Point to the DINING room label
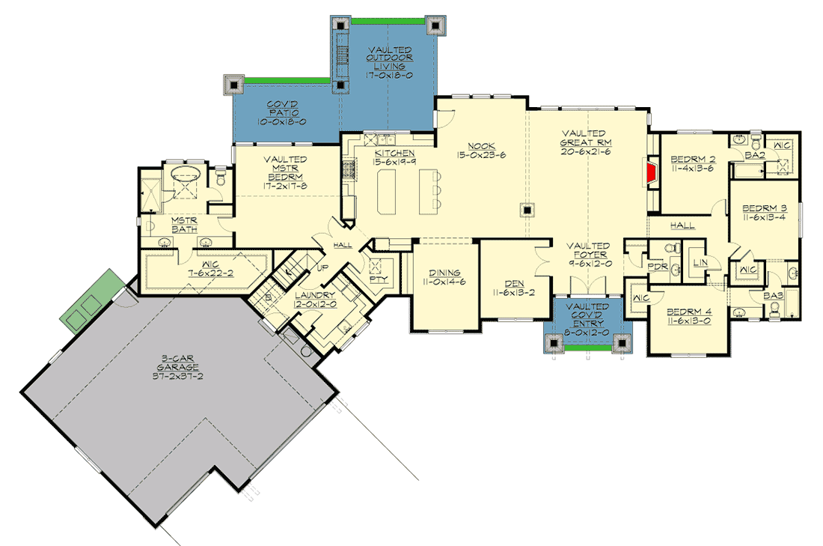coord(444,273)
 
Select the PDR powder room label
coord(657,267)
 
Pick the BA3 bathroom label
coord(772,297)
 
